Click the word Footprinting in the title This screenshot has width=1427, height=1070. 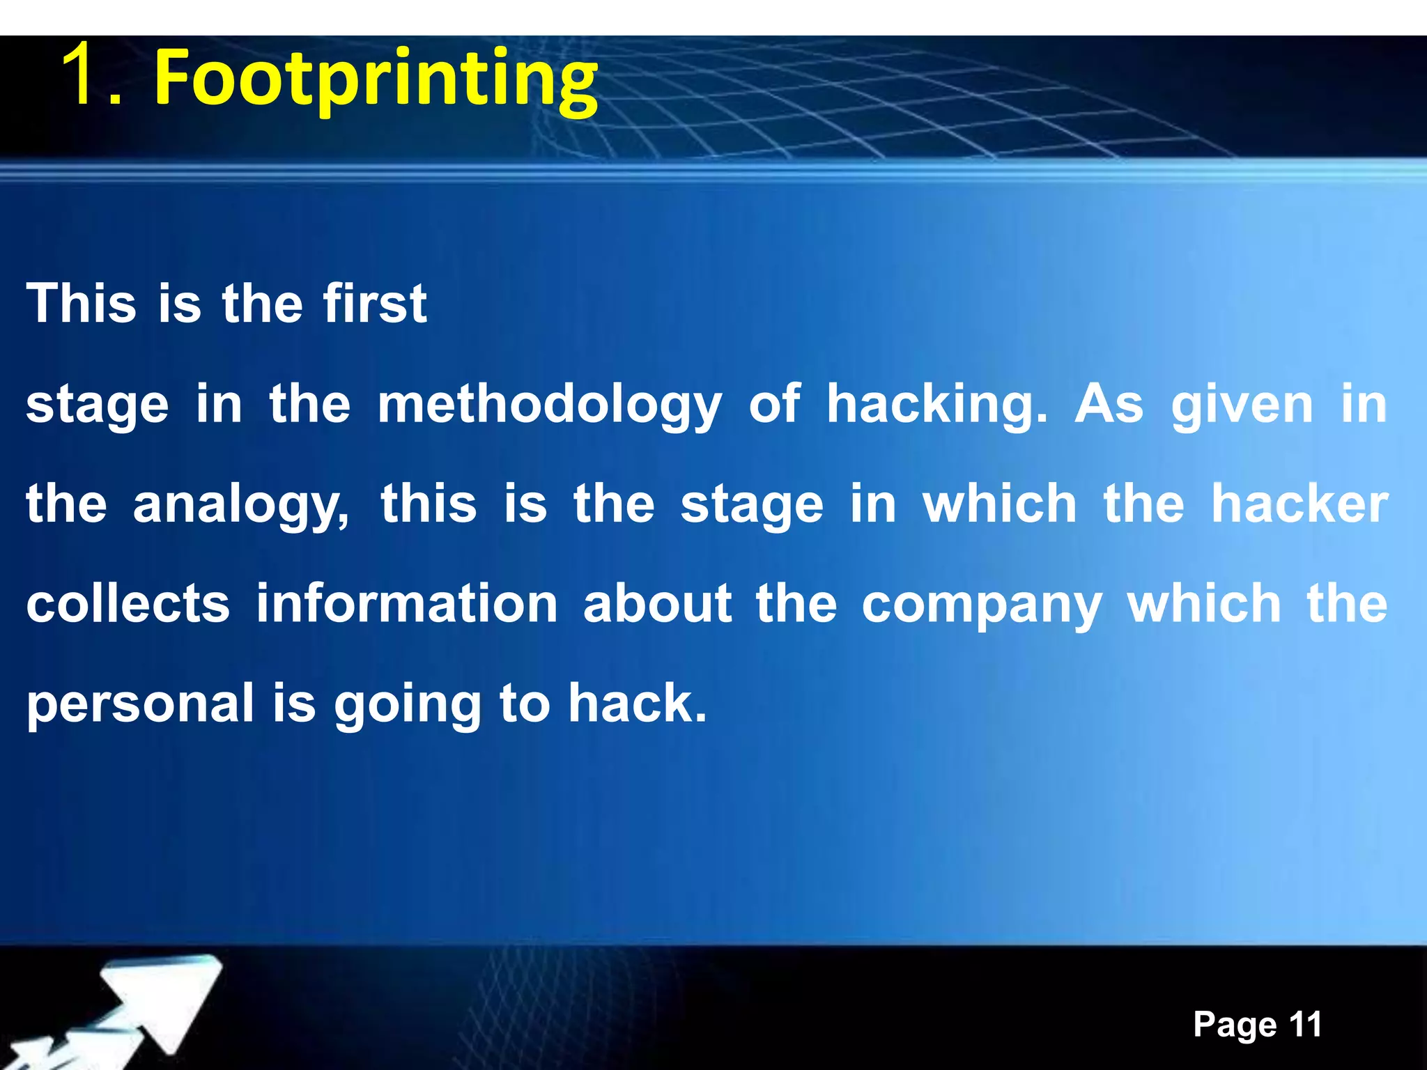[376, 78]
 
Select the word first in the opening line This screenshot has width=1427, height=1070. [375, 304]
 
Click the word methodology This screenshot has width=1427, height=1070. [549, 405]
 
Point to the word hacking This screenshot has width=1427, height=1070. [936, 405]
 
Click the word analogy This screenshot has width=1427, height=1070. [240, 505]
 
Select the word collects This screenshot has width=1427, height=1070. [128, 603]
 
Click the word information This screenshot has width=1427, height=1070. [407, 603]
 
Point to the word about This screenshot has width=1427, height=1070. [658, 603]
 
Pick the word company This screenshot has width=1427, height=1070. [982, 605]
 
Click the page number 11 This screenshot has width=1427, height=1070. [1305, 1024]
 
